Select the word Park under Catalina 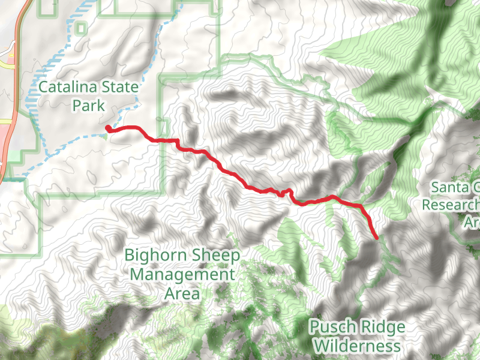(88, 106)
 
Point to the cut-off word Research (451, 205)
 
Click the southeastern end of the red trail (376, 237)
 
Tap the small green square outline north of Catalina (80, 28)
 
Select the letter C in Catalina (43, 88)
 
